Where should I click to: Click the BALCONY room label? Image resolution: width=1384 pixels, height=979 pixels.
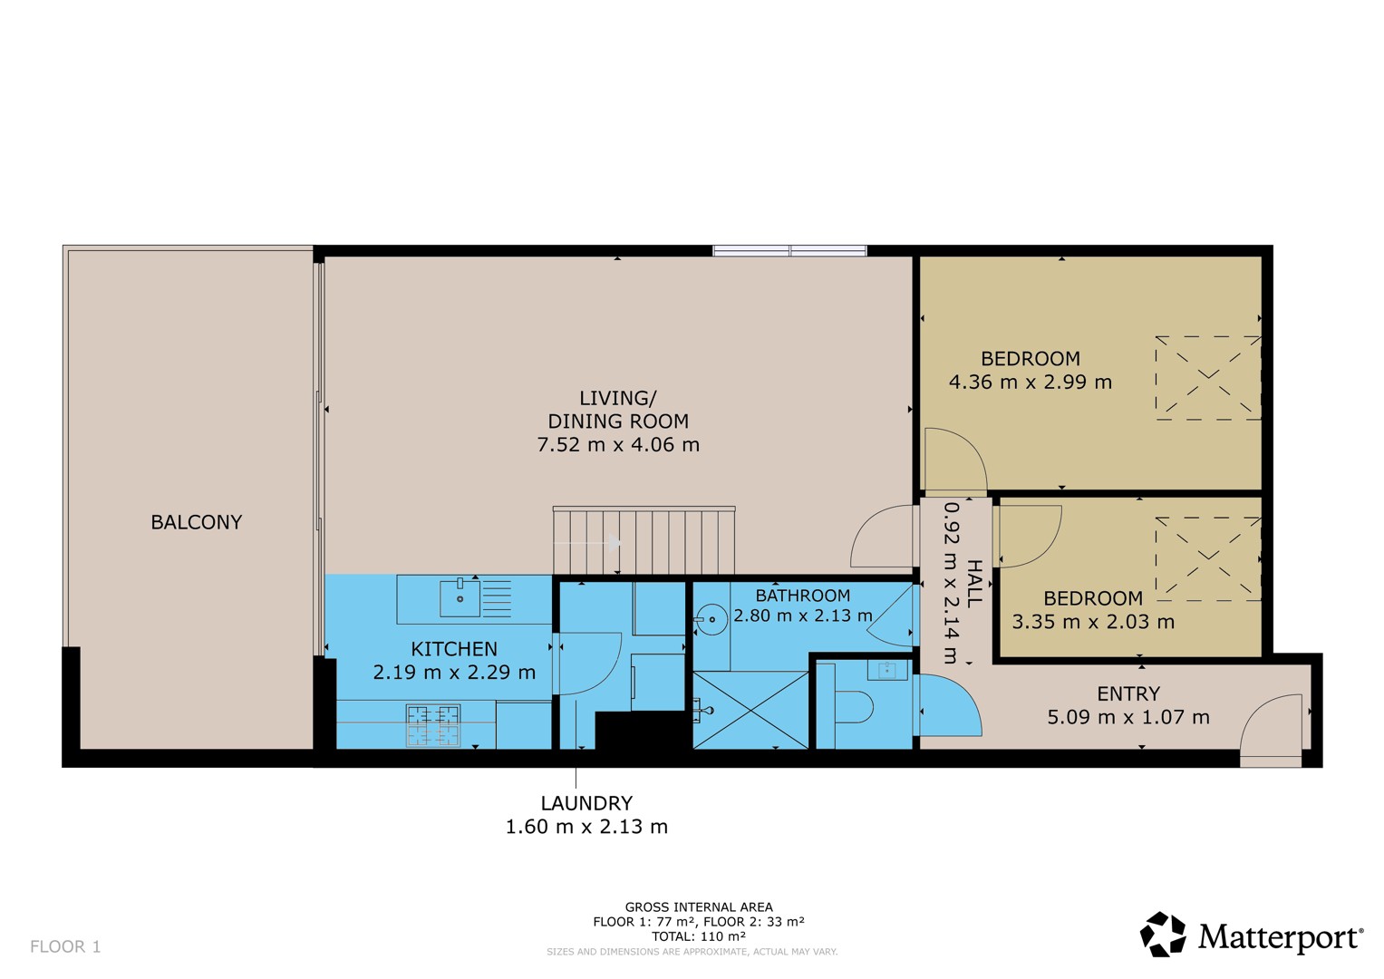point(196,522)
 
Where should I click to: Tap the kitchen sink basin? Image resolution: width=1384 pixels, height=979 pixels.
point(460,598)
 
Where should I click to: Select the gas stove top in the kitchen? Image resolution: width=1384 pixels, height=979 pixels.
point(433,725)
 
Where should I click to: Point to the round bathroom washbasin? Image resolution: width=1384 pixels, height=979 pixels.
point(711,618)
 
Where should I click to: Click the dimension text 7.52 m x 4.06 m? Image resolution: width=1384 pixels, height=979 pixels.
point(618,444)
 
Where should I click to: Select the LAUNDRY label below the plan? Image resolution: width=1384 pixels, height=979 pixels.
point(586,803)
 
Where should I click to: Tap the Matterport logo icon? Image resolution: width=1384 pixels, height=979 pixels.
point(1162,934)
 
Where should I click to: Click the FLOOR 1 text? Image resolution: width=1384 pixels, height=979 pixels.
point(65,946)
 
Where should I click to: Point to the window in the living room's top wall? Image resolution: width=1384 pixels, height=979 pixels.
point(789,250)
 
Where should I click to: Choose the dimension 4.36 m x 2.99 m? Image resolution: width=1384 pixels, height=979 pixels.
point(1030,382)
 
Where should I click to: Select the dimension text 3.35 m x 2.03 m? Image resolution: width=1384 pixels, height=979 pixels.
point(1092,621)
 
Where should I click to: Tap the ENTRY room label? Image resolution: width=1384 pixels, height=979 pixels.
point(1128,693)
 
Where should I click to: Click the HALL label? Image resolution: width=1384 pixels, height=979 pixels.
point(973,584)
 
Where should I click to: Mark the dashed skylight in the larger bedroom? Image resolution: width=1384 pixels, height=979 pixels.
point(1208,378)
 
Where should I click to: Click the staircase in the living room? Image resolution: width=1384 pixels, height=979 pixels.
point(644,540)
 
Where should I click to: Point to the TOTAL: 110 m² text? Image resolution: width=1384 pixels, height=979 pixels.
point(698,936)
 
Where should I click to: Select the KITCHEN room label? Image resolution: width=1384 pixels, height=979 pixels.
point(454,649)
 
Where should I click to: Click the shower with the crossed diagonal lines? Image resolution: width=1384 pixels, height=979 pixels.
point(750,710)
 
